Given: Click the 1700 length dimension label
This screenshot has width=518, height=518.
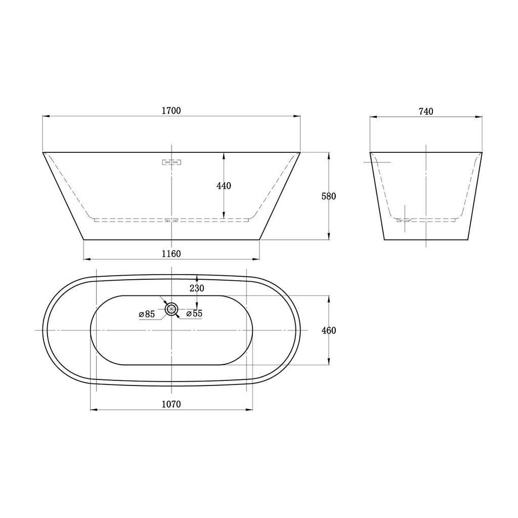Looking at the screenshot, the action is pos(171,110).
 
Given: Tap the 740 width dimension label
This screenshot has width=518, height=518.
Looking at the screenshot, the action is pos(426,112).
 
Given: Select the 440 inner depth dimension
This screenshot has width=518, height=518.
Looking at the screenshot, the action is pos(224,186).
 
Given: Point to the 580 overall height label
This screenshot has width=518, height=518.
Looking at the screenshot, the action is pos(329,196).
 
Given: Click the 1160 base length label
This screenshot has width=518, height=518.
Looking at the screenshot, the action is pos(171,254).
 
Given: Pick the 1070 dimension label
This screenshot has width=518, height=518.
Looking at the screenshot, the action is pos(171,404).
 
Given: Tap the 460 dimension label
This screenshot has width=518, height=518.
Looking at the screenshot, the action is pos(329,330).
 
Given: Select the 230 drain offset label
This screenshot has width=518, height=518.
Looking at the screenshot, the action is pos(197,288).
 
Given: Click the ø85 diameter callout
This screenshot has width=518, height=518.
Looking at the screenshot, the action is pos(147,314).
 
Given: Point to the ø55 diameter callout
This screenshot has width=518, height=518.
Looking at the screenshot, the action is pos(195,313).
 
